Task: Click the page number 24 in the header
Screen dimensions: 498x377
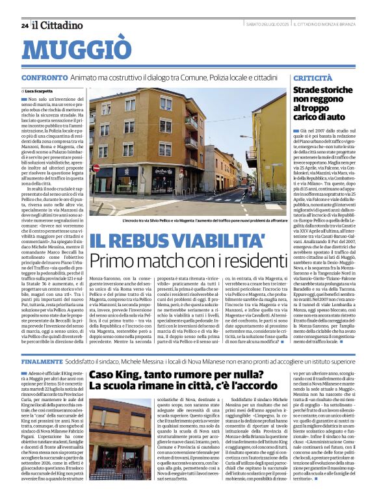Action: pyautogui.click(x=25, y=25)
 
